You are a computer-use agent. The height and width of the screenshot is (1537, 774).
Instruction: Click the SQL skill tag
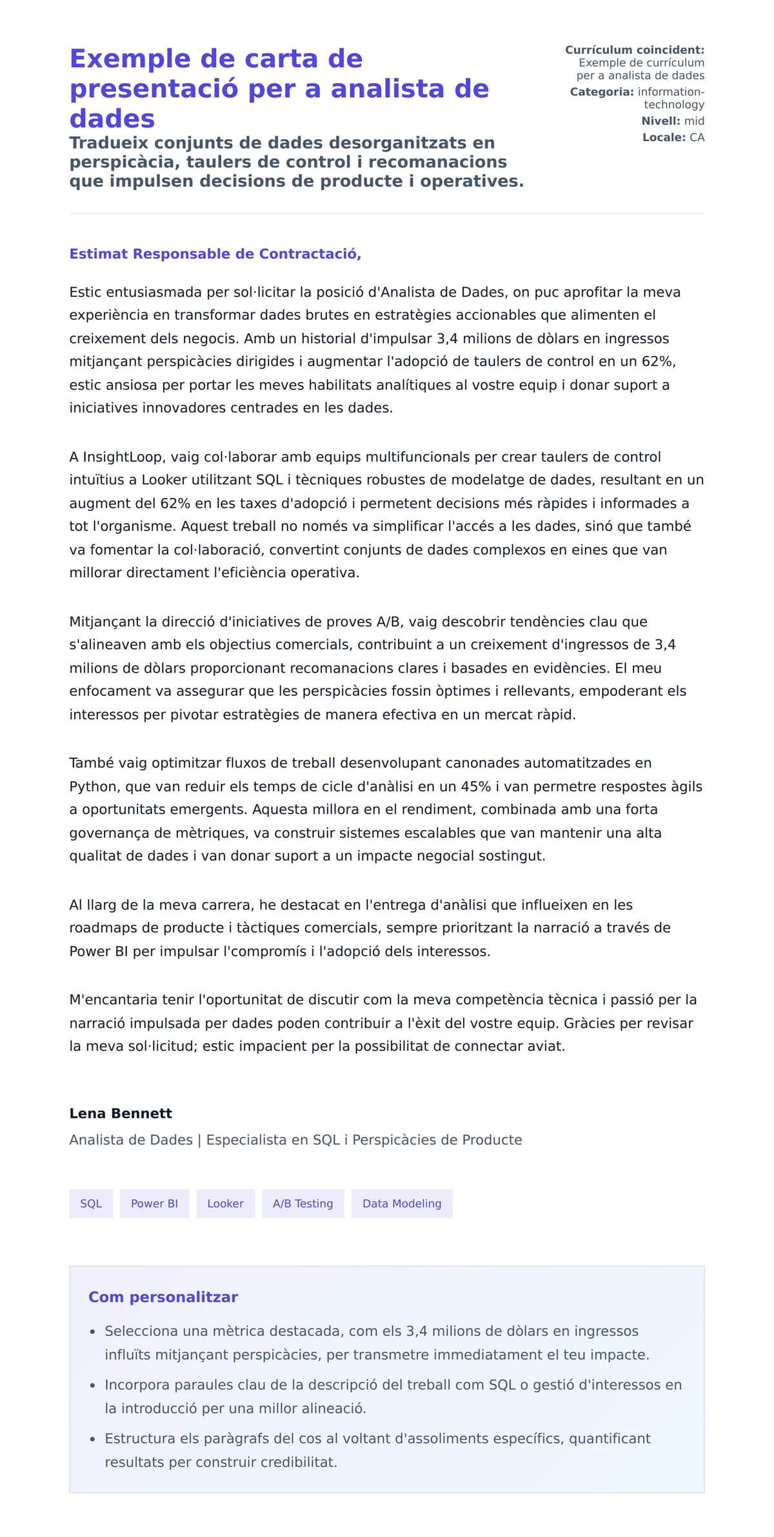pyautogui.click(x=91, y=1204)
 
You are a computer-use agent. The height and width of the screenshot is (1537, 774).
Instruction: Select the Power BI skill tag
pyautogui.click(x=154, y=1204)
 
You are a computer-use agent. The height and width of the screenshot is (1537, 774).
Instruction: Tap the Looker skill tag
pyautogui.click(x=225, y=1204)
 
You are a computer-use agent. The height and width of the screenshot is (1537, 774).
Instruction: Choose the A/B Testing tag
pyautogui.click(x=303, y=1204)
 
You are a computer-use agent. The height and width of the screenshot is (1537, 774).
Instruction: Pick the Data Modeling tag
pyautogui.click(x=401, y=1204)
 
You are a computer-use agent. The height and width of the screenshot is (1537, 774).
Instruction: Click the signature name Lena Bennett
pyautogui.click(x=121, y=1113)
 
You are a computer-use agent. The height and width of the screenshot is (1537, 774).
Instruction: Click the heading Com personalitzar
pyautogui.click(x=163, y=1297)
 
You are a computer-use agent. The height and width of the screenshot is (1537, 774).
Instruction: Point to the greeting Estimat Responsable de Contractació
pyautogui.click(x=215, y=254)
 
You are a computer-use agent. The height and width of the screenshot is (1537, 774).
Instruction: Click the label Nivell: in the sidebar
pyautogui.click(x=660, y=121)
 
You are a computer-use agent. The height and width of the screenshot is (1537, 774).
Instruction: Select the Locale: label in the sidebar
pyautogui.click(x=664, y=137)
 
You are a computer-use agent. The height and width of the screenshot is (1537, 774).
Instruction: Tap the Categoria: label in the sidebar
pyautogui.click(x=602, y=92)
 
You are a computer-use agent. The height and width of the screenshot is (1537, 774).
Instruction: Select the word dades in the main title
pyautogui.click(x=112, y=119)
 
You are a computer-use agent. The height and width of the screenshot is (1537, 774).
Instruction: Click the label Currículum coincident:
pyautogui.click(x=634, y=50)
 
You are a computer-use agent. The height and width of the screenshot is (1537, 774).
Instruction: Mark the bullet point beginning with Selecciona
pyautogui.click(x=93, y=1332)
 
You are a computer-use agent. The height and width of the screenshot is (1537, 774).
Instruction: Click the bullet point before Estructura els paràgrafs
pyautogui.click(x=93, y=1439)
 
